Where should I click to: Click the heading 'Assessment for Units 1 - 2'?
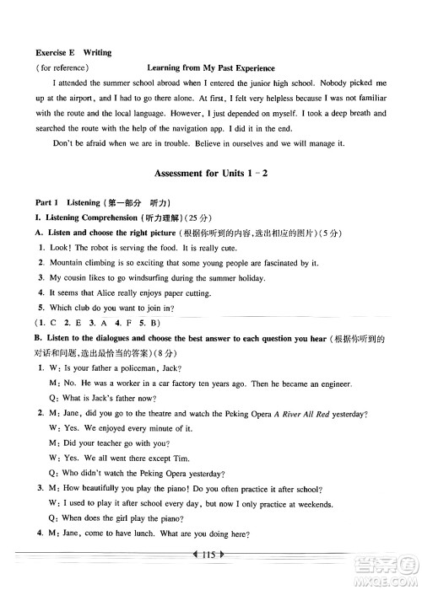point(211,196)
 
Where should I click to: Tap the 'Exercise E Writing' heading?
point(68,51)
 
